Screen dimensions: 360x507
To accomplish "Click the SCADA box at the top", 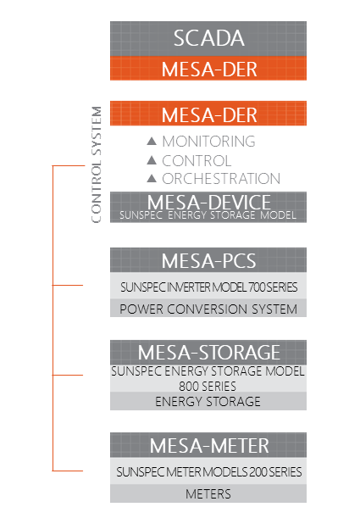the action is [x=208, y=39].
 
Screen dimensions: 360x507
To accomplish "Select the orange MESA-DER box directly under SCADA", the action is [x=208, y=68].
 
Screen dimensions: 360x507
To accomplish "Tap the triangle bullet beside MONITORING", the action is [x=152, y=141].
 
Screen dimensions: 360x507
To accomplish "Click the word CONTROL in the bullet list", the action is [x=197, y=161].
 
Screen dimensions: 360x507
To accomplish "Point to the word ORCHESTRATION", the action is [x=221, y=179].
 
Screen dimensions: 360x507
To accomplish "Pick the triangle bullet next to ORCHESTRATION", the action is [x=152, y=178].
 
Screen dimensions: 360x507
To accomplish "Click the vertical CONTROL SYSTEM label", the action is [x=97, y=164].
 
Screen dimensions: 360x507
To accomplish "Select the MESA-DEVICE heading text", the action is [x=208, y=202].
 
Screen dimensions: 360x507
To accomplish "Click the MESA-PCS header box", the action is [x=208, y=260].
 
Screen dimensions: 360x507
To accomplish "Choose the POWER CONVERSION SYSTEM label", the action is [x=208, y=309].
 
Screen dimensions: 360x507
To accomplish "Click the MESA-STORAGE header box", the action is [x=208, y=353].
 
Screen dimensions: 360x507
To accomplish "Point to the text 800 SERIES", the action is [x=208, y=386].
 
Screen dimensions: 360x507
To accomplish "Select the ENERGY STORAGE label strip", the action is [x=208, y=401].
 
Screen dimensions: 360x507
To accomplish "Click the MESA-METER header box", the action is [x=208, y=445].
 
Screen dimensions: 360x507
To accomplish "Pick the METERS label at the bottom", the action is [x=208, y=493].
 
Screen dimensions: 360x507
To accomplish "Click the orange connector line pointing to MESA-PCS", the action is [x=68, y=285].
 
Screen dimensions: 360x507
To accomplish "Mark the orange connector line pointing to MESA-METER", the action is [x=68, y=471].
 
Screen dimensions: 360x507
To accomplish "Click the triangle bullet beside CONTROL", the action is [x=152, y=160].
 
